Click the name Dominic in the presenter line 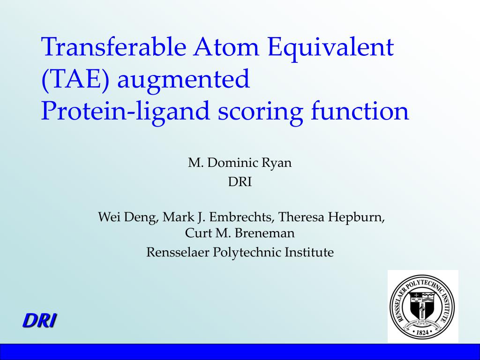click(x=230, y=163)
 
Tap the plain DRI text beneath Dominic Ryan click(x=240, y=182)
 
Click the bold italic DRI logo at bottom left click(x=40, y=321)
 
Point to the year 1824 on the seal click(x=423, y=332)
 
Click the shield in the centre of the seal click(x=423, y=305)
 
